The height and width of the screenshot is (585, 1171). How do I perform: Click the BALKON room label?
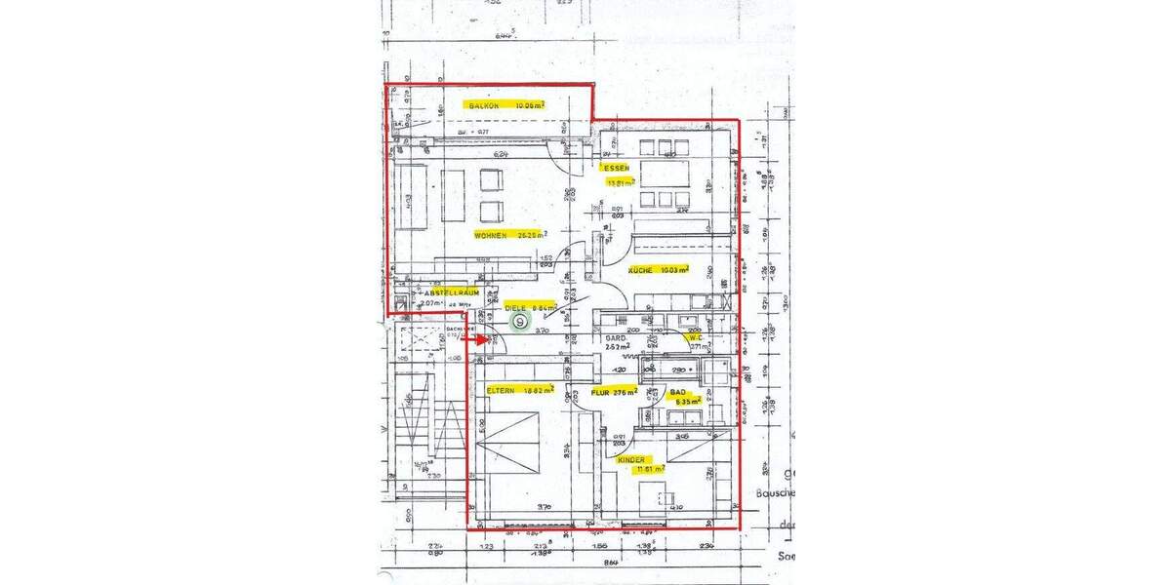[485, 104]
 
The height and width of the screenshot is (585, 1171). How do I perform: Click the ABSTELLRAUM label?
[449, 292]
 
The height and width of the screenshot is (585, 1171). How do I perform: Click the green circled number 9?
[520, 321]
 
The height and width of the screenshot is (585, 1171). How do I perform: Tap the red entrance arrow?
[476, 340]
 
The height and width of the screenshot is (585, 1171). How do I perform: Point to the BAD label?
[677, 391]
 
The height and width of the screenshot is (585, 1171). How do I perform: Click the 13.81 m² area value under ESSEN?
[621, 181]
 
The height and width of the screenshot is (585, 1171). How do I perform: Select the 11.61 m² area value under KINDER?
[650, 469]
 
